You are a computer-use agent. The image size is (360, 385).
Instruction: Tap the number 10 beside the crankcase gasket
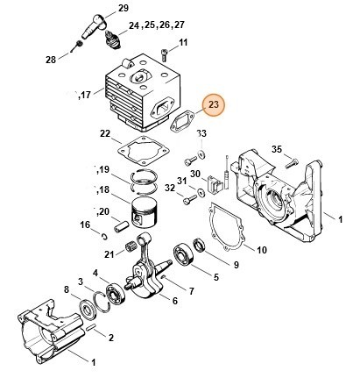261,250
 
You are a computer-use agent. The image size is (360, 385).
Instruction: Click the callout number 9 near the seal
235,265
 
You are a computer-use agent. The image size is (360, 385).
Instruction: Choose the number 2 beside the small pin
110,336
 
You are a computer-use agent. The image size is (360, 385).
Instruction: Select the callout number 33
201,133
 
